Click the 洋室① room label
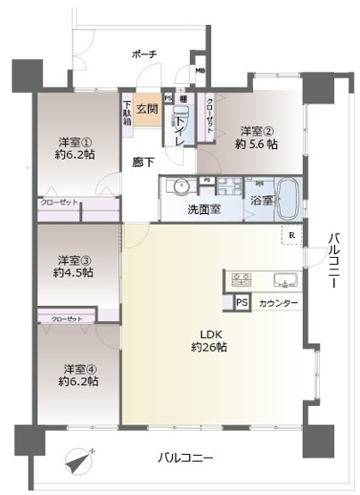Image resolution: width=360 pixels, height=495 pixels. tap(76, 146)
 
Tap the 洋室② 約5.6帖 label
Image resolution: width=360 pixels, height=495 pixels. tap(254, 133)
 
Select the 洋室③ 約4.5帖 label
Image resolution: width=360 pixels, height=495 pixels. tap(76, 266)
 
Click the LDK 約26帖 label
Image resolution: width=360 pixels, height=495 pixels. tap(208, 342)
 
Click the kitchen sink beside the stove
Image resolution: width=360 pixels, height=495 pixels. tap(283, 281)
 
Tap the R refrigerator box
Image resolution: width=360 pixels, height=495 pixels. tap(290, 236)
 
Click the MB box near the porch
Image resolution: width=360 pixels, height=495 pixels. tap(200, 74)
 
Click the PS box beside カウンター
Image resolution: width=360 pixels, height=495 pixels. tap(241, 302)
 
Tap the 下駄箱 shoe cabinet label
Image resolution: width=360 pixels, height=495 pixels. tap(127, 115)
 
